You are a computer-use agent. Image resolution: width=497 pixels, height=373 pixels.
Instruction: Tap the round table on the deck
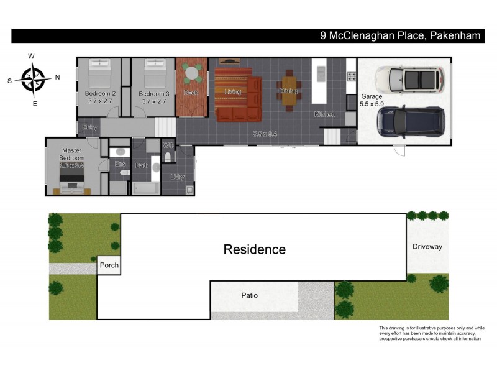[192, 73]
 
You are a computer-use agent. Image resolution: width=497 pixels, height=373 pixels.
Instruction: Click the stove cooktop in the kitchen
[351, 76]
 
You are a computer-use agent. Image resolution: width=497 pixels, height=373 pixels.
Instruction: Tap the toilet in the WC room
[168, 155]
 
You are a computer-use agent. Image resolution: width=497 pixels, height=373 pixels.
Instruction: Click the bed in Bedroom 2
[100, 76]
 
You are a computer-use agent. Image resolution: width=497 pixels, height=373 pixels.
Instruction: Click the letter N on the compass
[57, 78]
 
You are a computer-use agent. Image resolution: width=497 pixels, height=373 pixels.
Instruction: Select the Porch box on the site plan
[108, 265]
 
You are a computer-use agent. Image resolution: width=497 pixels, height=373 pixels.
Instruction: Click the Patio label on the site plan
[249, 295]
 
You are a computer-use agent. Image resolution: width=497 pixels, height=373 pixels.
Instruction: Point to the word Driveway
[427, 247]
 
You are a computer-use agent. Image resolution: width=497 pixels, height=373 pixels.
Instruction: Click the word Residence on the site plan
[255, 249]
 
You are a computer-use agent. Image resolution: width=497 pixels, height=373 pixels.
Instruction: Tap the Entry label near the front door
[89, 127]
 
